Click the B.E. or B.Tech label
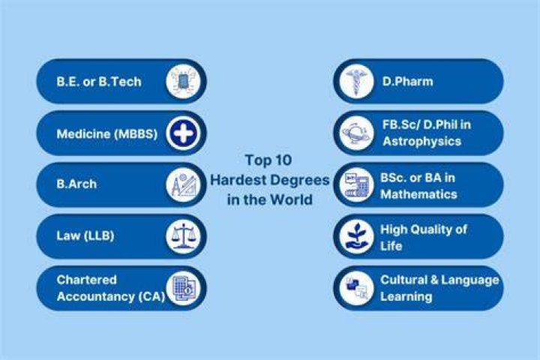coord(99,82)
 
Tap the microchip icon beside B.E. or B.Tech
coord(183,82)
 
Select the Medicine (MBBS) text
coord(106,133)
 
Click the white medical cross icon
coord(183,133)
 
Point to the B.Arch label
coord(76,184)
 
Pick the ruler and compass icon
coord(183,185)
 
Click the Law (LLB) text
coord(85,235)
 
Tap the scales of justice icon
coord(183,237)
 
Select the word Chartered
coord(86,280)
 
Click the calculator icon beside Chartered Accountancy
coord(183,288)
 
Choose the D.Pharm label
coord(407,82)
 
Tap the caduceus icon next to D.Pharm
coord(357,82)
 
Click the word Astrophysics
coord(421,141)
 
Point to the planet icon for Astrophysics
coord(357,133)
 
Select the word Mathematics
coord(418,194)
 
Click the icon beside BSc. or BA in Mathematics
coord(357,185)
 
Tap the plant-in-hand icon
coord(357,237)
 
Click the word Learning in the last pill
coord(406,296)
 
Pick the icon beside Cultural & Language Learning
coord(357,288)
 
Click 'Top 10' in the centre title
coord(268,160)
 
